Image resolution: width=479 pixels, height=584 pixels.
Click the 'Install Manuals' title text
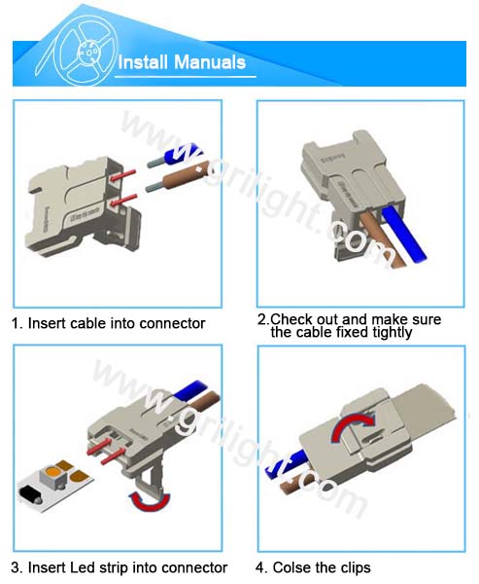pyautogui.click(x=182, y=62)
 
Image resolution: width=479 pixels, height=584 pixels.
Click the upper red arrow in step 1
pyautogui.click(x=122, y=175)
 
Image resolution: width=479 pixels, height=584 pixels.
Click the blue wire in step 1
pyautogui.click(x=175, y=156)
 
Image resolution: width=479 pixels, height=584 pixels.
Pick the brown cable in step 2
pyautogui.click(x=376, y=238)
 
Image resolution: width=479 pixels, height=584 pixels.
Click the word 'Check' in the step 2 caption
pyautogui.click(x=291, y=319)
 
